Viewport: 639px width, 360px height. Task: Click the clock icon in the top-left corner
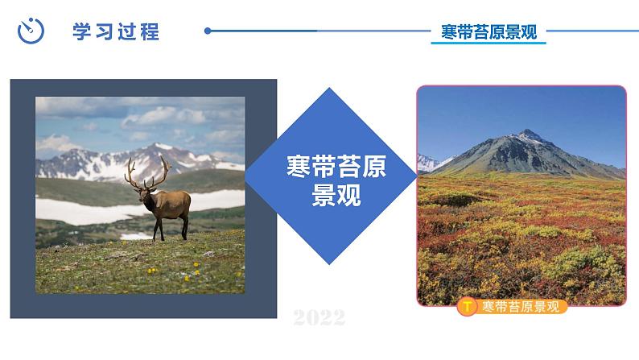pyautogui.click(x=30, y=31)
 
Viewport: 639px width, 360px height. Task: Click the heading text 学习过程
pyautogui.click(x=116, y=32)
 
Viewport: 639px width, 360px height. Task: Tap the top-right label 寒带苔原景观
pyautogui.click(x=489, y=32)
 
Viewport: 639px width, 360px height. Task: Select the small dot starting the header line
pyautogui.click(x=208, y=31)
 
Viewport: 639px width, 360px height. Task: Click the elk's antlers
pyautogui.click(x=148, y=171)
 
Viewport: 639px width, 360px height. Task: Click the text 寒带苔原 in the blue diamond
pyautogui.click(x=336, y=168)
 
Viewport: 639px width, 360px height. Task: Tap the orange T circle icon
pyautogui.click(x=466, y=307)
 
